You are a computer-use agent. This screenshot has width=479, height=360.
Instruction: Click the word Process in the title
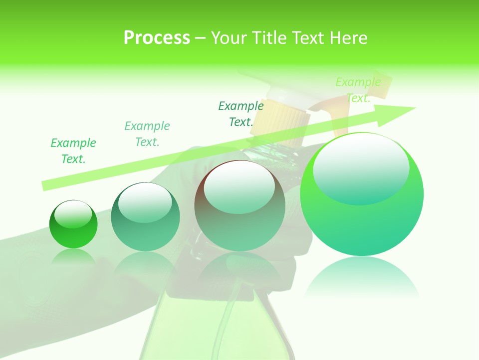157,38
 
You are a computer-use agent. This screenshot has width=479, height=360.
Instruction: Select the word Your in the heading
228,38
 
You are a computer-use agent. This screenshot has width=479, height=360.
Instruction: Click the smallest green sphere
73,224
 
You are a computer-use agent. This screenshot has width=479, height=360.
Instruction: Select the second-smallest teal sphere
145,217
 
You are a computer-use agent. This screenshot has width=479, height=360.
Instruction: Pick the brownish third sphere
240,206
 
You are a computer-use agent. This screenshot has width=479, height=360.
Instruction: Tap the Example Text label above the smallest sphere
73,151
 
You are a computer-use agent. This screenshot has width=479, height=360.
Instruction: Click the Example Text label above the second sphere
147,134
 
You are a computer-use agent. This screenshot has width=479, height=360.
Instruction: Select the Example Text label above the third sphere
241,114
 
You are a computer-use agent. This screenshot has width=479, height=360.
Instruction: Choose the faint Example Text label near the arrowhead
358,90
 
